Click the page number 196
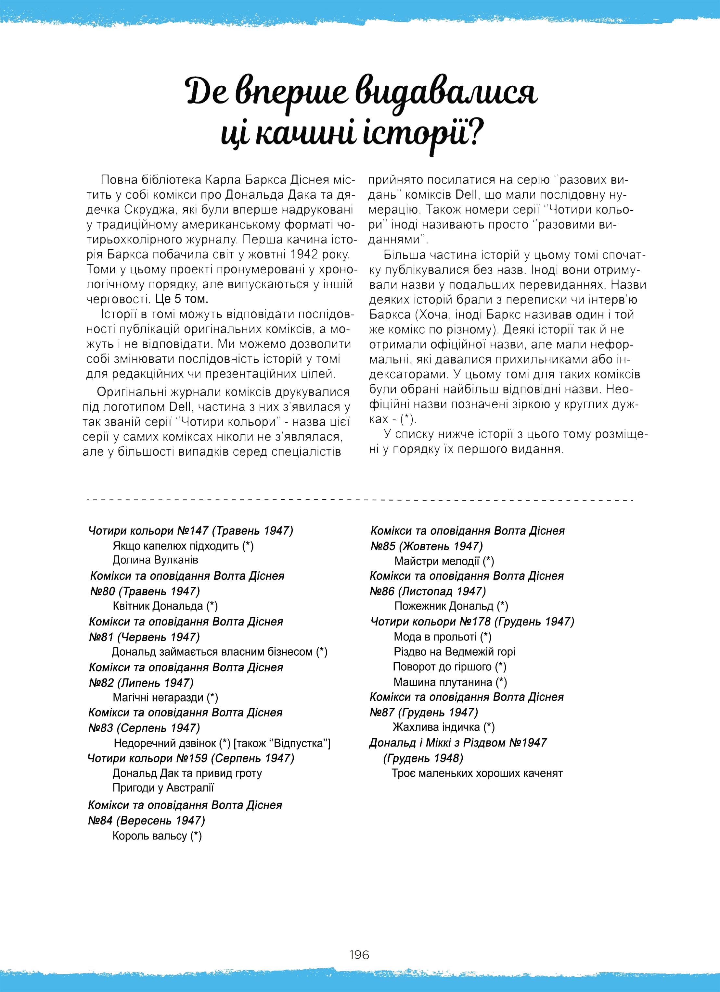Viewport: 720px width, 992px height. [x=359, y=954]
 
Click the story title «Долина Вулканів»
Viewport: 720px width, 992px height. [x=155, y=560]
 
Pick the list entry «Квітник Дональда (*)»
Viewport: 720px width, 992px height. [x=165, y=606]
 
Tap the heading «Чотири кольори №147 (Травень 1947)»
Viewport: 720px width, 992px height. [x=191, y=530]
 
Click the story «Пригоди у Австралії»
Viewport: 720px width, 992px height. [x=163, y=788]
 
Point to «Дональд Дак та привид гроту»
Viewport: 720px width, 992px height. [x=187, y=773]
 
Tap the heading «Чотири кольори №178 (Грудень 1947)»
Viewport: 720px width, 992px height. [x=472, y=622]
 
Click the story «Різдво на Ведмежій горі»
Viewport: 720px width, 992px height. [x=454, y=652]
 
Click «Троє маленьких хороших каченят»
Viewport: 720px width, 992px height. [x=477, y=773]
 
